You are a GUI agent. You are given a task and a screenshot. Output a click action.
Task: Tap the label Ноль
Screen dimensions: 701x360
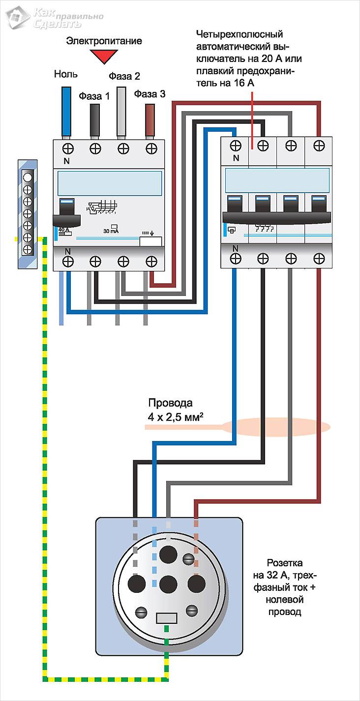click(65, 75)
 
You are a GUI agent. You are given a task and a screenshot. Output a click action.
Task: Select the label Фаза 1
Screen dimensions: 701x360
click(94, 96)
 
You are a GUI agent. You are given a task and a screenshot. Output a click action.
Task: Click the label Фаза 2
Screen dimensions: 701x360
click(124, 76)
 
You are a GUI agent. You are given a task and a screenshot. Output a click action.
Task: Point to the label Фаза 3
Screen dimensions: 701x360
click(150, 94)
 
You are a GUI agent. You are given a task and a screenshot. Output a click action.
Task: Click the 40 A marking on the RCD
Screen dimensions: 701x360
click(63, 230)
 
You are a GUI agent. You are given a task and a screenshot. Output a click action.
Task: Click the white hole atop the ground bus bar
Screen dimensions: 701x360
click(28, 177)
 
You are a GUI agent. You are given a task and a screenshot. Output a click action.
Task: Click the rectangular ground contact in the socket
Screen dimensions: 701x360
click(168, 617)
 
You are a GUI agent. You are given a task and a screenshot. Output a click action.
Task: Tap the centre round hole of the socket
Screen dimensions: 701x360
click(168, 584)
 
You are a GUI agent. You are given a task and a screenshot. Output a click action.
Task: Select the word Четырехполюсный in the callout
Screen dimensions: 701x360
click(240, 35)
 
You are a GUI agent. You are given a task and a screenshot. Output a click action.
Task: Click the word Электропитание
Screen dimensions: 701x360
click(104, 41)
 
